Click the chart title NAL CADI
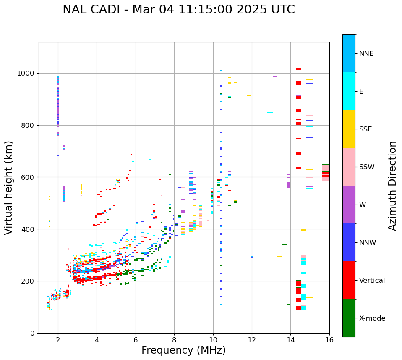coord(178,10)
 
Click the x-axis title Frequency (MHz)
coord(183,350)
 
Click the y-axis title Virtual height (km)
coord(9,188)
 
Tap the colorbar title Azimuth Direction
coord(392,186)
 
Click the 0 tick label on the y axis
coord(32,333)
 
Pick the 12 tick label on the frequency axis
coord(252,340)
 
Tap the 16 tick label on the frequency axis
coord(329,340)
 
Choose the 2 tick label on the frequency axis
coord(58,340)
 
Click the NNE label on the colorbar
coord(366,54)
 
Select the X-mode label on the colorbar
coord(372,318)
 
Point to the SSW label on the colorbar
coord(367,167)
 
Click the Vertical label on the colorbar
coord(372,281)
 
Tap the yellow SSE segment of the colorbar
coord(349,129)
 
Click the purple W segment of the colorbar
coord(349,205)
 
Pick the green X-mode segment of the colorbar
coord(349,318)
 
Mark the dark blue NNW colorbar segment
coord(349,242)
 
